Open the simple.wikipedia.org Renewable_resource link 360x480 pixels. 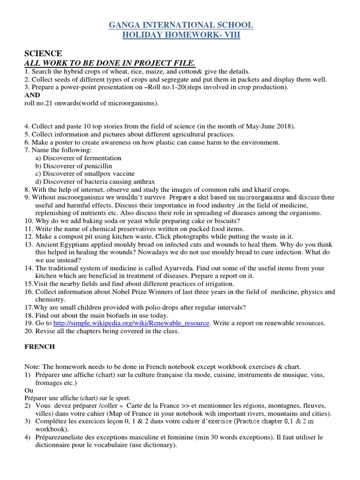pyautogui.click(x=132, y=323)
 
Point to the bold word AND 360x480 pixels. pyautogui.click(x=31, y=95)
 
